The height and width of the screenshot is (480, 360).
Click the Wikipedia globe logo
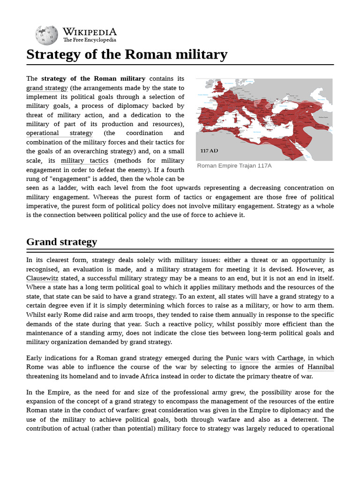pos(46,35)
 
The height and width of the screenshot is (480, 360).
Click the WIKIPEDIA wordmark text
pos(90,31)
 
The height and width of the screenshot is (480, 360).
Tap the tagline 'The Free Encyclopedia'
pos(90,40)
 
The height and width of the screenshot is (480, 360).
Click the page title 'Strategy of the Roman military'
pos(127,54)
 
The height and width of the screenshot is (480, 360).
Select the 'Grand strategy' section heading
pos(61,242)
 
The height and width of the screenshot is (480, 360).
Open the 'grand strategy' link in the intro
pos(47,88)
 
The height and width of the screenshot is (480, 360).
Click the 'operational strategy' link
pos(59,133)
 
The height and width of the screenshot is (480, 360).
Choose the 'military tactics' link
pos(84,160)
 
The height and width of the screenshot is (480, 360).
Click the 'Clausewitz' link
pos(45,278)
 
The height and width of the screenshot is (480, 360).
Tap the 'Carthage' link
pos(290,358)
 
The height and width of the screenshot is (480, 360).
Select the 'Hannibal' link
pos(321,367)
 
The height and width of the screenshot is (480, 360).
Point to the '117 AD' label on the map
pos(209,151)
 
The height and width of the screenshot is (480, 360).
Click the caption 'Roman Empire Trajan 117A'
pos(234,165)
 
